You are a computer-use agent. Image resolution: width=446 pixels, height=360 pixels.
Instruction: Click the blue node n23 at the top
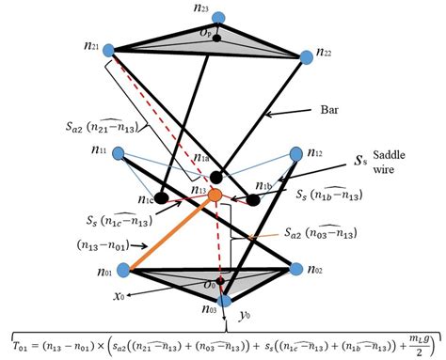(219, 18)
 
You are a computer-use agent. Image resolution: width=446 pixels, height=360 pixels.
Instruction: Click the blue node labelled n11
(119, 152)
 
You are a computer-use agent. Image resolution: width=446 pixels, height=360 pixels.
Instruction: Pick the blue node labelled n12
(297, 152)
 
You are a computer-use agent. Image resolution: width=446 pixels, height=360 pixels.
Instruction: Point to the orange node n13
(215, 195)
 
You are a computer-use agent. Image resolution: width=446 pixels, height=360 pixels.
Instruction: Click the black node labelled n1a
(217, 176)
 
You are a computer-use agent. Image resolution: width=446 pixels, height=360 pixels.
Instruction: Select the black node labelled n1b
(254, 199)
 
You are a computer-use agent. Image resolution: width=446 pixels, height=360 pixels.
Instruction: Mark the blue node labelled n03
(225, 300)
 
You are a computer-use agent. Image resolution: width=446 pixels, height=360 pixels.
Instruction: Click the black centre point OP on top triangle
(217, 39)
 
